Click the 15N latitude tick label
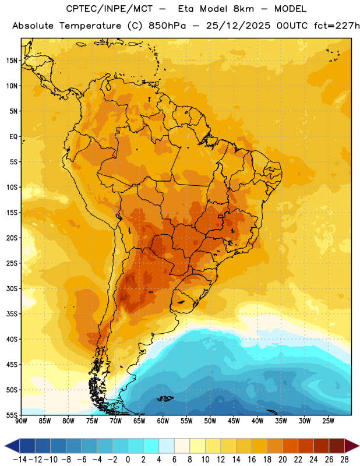[x=12, y=61]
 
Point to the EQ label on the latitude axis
[x=13, y=137]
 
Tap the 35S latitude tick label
[x=12, y=314]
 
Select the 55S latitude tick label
[x=12, y=415]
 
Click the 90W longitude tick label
[x=21, y=421]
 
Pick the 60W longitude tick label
[x=163, y=421]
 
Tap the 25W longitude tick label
[x=328, y=421]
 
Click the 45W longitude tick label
[x=234, y=421]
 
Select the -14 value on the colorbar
[x=20, y=460]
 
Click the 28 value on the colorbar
[x=344, y=460]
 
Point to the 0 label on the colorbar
[x=128, y=460]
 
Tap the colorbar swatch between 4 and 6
[x=167, y=446]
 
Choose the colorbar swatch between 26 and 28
[x=337, y=446]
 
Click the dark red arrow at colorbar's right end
[x=352, y=446]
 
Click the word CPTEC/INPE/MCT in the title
[x=110, y=9]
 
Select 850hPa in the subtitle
[x=167, y=26]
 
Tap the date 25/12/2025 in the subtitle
[x=238, y=26]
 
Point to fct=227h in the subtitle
[x=337, y=26]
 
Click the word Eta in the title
[x=186, y=9]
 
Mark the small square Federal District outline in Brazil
[x=221, y=216]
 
